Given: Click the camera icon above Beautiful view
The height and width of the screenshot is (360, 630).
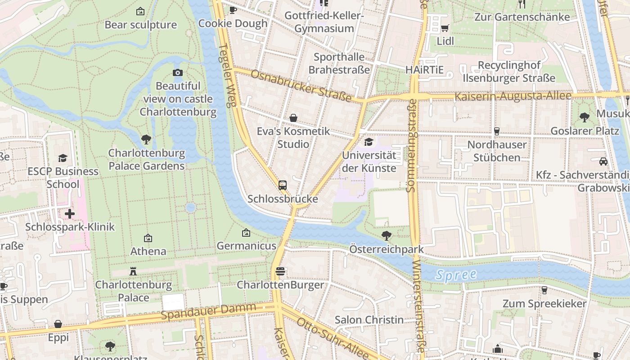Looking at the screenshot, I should pos(178,72).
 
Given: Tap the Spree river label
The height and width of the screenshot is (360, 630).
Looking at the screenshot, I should pos(456,274).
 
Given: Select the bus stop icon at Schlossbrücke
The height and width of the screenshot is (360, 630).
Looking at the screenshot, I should pos(283,185).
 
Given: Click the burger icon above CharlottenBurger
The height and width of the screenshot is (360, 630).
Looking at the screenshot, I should pos(280,271).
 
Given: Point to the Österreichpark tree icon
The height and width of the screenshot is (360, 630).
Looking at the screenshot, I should pos(386,235).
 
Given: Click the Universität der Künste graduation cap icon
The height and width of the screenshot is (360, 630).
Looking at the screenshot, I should pos(369,142).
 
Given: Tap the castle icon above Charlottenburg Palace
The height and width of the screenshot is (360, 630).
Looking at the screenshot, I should pos(133,271).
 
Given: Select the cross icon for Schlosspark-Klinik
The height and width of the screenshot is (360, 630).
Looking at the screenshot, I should pos(70,213).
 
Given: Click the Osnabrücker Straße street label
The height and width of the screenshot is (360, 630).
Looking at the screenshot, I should pos(301,85).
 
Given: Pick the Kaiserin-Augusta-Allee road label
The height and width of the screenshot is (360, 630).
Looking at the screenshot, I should pos(513,96).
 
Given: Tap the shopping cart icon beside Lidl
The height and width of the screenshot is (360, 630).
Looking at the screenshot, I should pos(445,28).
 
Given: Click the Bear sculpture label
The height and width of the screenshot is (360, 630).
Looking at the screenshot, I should pos(140,25).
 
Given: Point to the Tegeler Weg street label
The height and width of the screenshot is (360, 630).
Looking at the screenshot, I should pos(227,75).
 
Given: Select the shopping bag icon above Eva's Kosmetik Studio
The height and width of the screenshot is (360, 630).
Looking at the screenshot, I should pos(293,118).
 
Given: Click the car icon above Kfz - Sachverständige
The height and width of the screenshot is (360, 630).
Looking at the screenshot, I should pos(603,161).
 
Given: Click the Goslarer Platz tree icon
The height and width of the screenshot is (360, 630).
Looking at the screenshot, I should pos(585,117).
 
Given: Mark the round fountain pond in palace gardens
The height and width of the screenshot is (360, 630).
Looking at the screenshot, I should pos(190,207).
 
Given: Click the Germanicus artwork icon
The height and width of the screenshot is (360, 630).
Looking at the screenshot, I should pos(246,233).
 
